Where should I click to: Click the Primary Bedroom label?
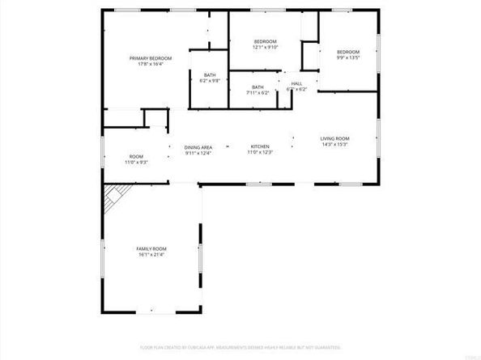click(152, 58)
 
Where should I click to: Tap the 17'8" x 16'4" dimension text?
click(152, 65)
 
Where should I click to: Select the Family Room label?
click(152, 249)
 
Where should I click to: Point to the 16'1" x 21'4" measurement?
click(152, 256)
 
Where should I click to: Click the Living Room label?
click(334, 139)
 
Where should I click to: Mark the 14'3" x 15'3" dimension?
click(334, 146)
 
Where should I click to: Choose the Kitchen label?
click(259, 146)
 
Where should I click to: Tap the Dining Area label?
click(198, 146)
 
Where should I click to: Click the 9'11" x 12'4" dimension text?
click(198, 153)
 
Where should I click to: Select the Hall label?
click(297, 83)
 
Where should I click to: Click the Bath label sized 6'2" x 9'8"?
click(210, 75)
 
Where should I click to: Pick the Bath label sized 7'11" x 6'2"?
click(258, 87)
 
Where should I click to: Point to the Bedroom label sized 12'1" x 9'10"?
click(266, 41)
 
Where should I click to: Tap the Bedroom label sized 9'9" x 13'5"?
click(348, 51)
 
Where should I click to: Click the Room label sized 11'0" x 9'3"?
click(136, 156)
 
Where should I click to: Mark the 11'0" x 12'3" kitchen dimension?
click(259, 153)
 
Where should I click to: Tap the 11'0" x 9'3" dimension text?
click(136, 163)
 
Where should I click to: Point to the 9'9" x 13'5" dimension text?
click(348, 57)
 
